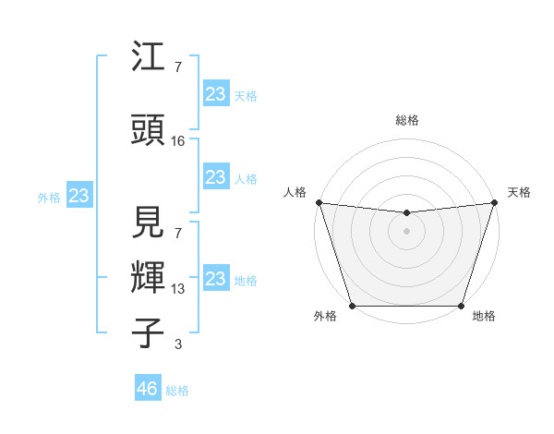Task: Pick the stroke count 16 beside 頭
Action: click(x=178, y=140)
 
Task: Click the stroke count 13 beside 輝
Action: click(x=178, y=290)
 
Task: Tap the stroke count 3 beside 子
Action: click(x=178, y=345)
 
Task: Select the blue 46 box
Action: click(x=148, y=389)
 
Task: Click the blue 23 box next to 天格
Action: click(x=216, y=94)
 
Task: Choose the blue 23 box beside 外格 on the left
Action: click(x=78, y=196)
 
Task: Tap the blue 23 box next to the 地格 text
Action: click(x=216, y=279)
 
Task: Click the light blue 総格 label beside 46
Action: click(x=177, y=391)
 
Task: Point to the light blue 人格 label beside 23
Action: click(x=246, y=179)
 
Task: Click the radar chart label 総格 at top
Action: click(x=406, y=120)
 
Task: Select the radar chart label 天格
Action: click(x=519, y=192)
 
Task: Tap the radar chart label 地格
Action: click(x=484, y=317)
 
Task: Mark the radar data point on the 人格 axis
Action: click(x=319, y=202)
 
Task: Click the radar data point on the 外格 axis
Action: click(x=352, y=305)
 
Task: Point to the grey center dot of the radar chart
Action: click(x=406, y=231)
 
